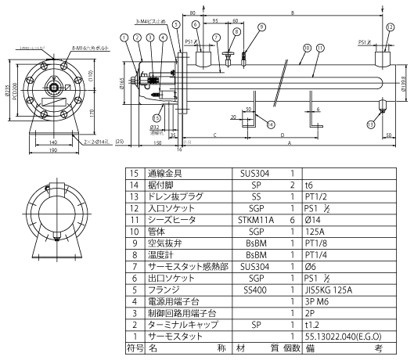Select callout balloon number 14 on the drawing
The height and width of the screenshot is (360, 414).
[x=272, y=124]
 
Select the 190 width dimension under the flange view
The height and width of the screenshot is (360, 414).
[x=52, y=151]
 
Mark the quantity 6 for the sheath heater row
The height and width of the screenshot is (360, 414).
[x=291, y=243]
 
